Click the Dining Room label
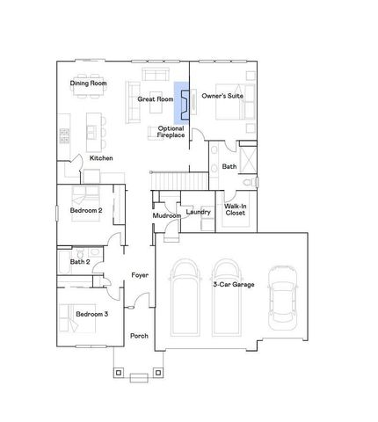[87, 84]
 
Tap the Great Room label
[154, 99]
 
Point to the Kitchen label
[100, 157]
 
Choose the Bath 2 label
[80, 261]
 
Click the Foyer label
[139, 276]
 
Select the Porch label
[139, 335]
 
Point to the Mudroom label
[166, 215]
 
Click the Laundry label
[199, 211]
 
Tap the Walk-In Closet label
[235, 208]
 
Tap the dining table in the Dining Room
[87, 90]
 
